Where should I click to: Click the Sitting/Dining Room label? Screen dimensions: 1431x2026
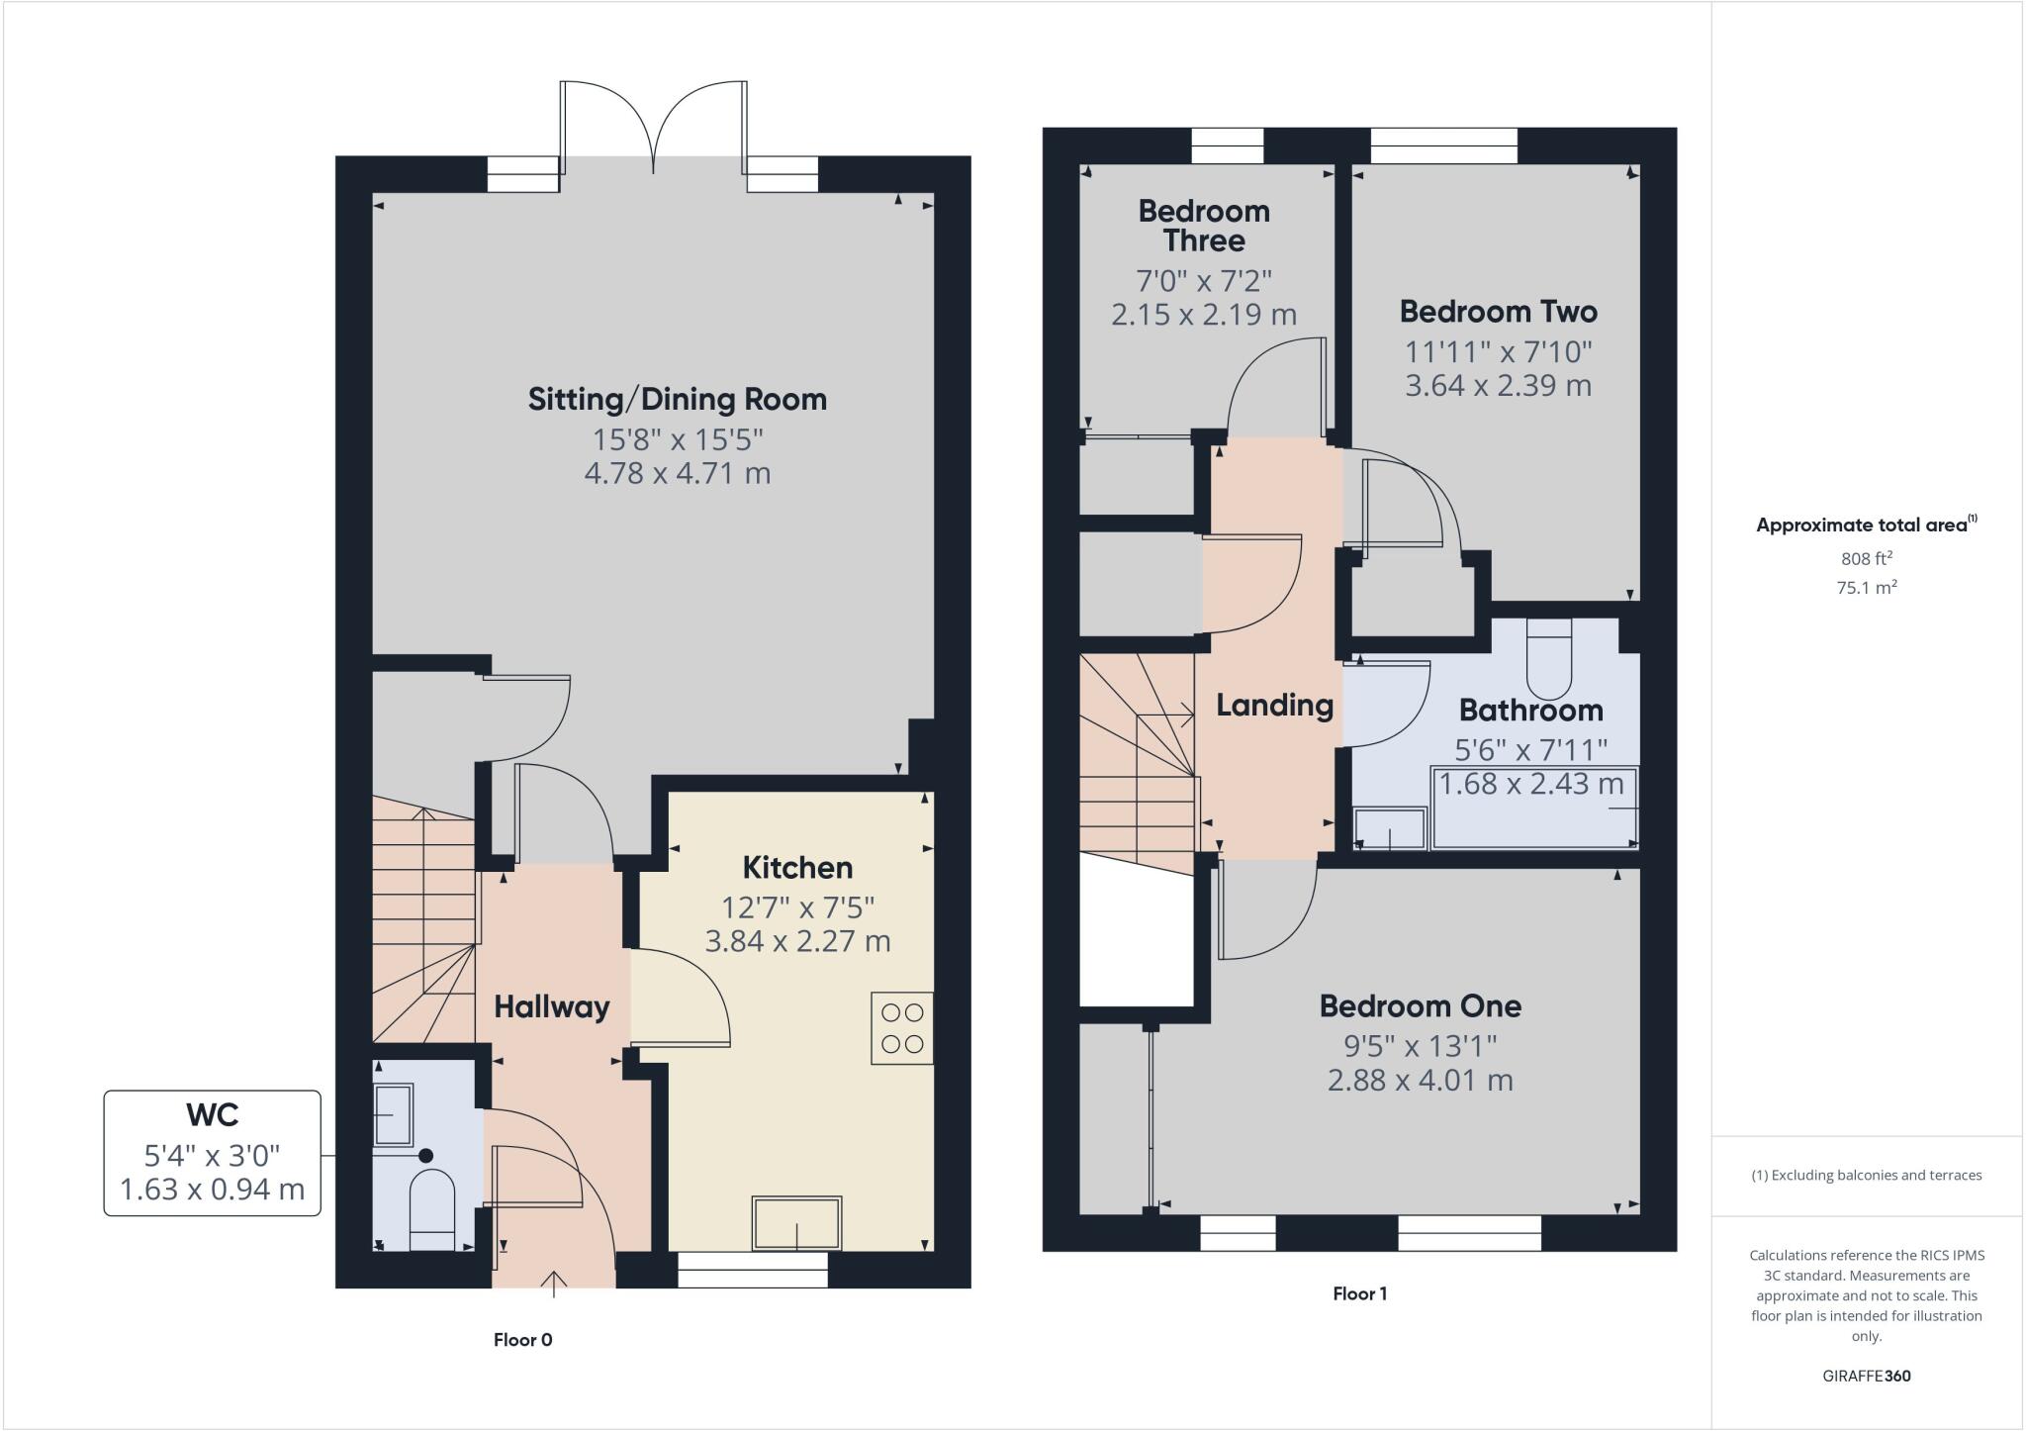[x=677, y=399]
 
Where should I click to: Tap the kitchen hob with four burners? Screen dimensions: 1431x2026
[x=901, y=1027]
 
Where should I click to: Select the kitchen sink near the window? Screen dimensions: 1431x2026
[x=796, y=1223]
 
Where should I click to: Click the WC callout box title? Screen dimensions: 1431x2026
[x=212, y=1114]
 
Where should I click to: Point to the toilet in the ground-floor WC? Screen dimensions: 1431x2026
[x=431, y=1210]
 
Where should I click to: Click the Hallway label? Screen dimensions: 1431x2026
[x=551, y=1006]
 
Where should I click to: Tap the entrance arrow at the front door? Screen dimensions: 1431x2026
[x=554, y=1283]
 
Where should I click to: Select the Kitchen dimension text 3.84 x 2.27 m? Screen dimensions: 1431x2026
[x=797, y=940]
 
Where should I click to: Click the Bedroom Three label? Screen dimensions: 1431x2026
[x=1204, y=225]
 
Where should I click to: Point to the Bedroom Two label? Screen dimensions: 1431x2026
[x=1498, y=312]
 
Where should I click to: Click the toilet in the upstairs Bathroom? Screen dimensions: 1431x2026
[x=1548, y=658]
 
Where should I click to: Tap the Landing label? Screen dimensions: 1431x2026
[x=1274, y=705]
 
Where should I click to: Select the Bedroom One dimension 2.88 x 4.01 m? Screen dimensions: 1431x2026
[x=1420, y=1080]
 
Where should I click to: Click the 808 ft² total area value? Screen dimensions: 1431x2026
[x=1866, y=558]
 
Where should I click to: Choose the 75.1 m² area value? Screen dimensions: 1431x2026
[x=1866, y=587]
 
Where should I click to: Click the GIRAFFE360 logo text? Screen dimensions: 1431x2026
[x=1866, y=1376]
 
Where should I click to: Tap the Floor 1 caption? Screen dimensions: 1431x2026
[x=1359, y=1293]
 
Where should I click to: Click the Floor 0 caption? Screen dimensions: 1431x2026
[x=522, y=1340]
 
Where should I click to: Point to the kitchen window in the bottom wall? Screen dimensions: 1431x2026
[x=752, y=1270]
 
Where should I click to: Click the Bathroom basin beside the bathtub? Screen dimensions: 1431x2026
[x=1390, y=828]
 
